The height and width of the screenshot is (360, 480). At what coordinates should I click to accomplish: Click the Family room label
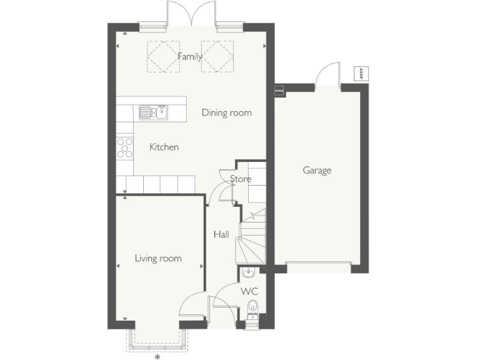[190, 56]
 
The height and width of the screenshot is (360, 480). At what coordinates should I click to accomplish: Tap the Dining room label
[226, 112]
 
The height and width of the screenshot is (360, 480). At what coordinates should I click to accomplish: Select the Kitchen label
[164, 147]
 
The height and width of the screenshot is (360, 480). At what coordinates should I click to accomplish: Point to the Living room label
[158, 258]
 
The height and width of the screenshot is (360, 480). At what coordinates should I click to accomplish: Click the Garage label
[317, 170]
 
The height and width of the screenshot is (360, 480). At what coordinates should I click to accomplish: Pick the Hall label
[221, 234]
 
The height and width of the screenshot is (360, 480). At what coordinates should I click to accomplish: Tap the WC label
[249, 291]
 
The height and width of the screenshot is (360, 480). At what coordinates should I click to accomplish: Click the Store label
[241, 179]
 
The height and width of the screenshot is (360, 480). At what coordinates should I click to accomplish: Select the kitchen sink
[152, 112]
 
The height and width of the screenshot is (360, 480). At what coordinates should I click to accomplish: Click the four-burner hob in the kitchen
[124, 147]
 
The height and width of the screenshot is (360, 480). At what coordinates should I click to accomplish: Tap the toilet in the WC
[252, 308]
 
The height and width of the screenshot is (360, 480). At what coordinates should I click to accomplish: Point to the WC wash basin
[248, 272]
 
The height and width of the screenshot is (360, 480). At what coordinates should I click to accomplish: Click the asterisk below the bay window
[157, 357]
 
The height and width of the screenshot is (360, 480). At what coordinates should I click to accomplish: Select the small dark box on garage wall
[279, 91]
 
